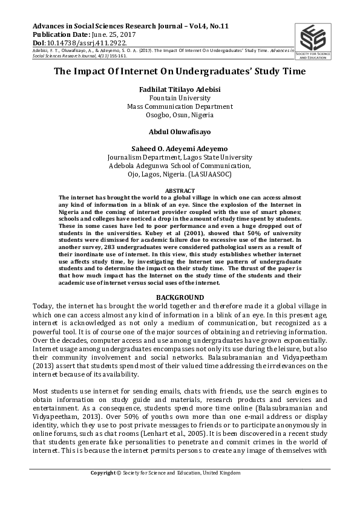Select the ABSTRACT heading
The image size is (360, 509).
(x=180, y=190)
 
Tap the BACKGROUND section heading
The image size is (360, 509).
(x=180, y=297)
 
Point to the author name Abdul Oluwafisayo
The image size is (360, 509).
(x=180, y=130)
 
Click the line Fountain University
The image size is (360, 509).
(x=180, y=98)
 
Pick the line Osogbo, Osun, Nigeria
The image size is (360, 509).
(x=180, y=115)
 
